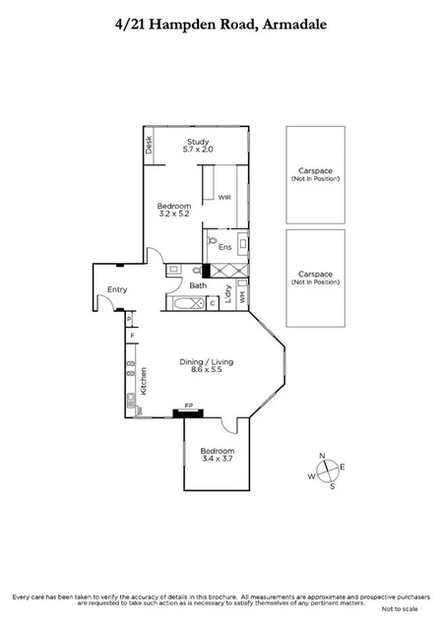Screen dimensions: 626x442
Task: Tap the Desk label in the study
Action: [149, 145]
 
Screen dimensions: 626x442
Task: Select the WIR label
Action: [223, 196]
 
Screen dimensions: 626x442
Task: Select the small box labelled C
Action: [214, 303]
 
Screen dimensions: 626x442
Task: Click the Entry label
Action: [117, 288]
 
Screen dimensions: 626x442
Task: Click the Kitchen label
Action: [144, 380]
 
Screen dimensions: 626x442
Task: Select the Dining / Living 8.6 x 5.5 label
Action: [206, 365]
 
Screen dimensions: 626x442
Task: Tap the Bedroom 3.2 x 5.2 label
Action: [173, 209]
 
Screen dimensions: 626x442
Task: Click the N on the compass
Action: [324, 456]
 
